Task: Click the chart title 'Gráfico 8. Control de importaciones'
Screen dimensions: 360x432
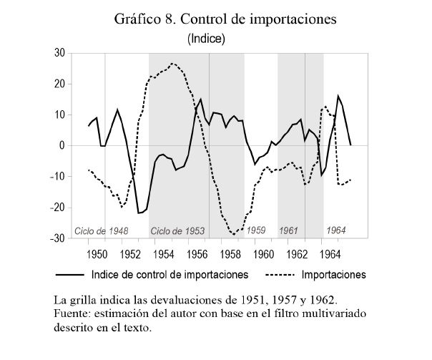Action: coord(225,19)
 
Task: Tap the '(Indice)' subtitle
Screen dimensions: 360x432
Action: coord(206,39)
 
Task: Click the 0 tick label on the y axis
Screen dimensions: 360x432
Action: coord(62,145)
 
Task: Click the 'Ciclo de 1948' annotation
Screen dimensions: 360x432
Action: coord(101,231)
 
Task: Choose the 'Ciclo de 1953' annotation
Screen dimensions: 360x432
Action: coord(177,231)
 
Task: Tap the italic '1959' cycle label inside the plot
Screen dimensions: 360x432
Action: coord(255,230)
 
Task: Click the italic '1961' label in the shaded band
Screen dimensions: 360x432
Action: coord(289,230)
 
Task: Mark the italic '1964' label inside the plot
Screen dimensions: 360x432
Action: coord(336,230)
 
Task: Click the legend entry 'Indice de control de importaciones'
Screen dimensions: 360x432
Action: coord(170,274)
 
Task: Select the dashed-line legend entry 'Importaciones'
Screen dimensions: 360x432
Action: coord(333,274)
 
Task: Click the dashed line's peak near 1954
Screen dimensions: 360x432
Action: coord(173,64)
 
